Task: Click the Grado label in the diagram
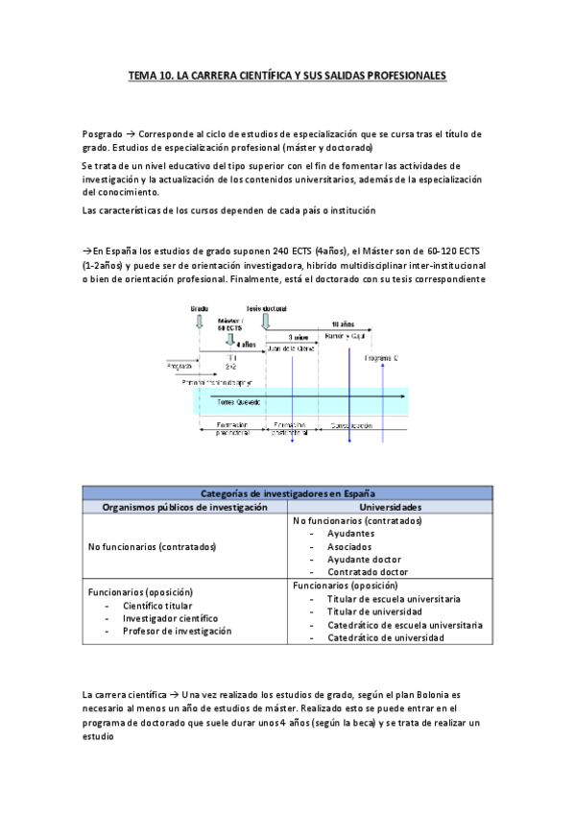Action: pyautogui.click(x=200, y=308)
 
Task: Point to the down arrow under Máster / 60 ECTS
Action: pyautogui.click(x=230, y=338)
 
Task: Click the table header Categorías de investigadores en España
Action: pyautogui.click(x=288, y=493)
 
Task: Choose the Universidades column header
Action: pyautogui.click(x=390, y=506)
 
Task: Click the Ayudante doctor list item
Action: pyautogui.click(x=364, y=559)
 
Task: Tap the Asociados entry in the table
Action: pyautogui.click(x=349, y=546)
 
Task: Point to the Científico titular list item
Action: pyautogui.click(x=157, y=606)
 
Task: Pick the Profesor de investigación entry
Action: pyautogui.click(x=177, y=631)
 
